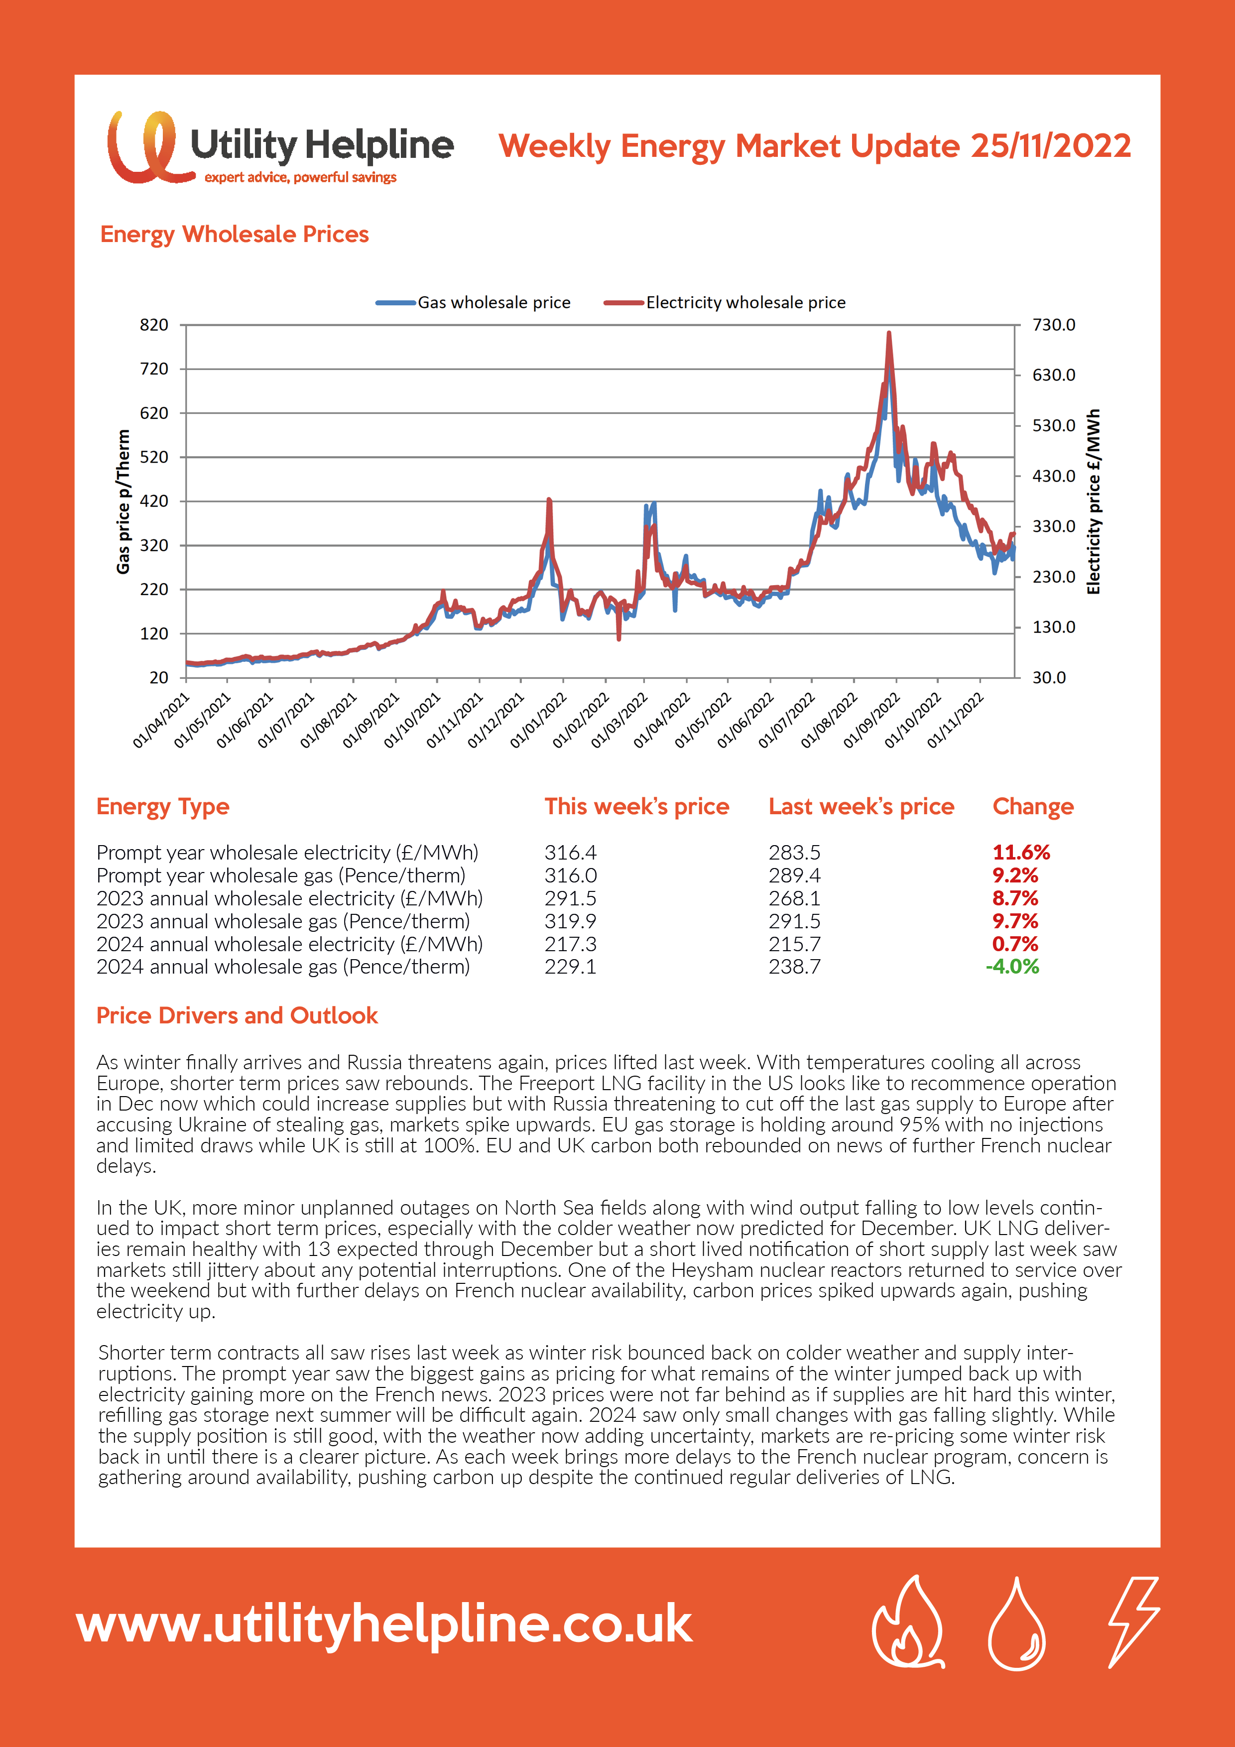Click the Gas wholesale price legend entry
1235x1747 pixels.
coord(473,302)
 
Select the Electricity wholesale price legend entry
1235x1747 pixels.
coord(725,302)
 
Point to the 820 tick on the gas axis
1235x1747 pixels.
coord(154,325)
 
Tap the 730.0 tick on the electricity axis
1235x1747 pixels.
coord(1054,325)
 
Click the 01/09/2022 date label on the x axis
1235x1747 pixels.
coord(872,720)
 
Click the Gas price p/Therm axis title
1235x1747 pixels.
coord(123,501)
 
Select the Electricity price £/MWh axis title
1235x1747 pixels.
coord(1094,501)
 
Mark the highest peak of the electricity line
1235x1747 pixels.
coord(889,333)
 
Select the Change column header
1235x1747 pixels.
coord(1033,807)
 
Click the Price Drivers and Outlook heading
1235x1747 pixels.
coord(237,1016)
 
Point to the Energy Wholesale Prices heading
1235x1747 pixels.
coord(235,235)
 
